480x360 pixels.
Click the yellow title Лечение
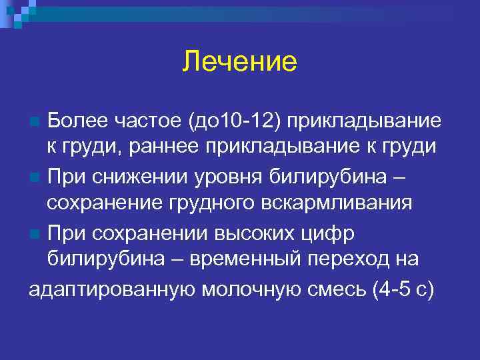pyautogui.click(x=239, y=62)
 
